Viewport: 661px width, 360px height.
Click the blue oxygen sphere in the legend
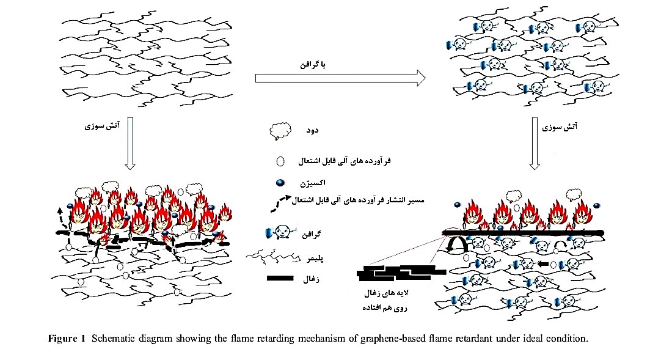click(280, 183)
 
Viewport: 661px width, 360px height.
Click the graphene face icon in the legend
click(277, 233)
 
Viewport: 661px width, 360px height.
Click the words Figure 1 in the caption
click(67, 340)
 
